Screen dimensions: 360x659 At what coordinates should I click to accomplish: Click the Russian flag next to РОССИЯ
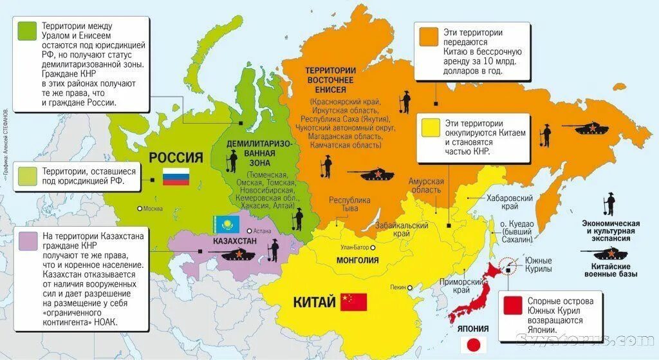click(x=176, y=176)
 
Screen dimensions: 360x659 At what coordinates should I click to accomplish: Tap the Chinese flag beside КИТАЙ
click(x=353, y=302)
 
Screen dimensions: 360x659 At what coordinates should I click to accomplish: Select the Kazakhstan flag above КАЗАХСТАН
click(x=227, y=224)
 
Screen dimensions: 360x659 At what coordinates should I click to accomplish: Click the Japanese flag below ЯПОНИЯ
click(x=473, y=345)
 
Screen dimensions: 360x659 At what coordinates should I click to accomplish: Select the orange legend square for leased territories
click(x=429, y=36)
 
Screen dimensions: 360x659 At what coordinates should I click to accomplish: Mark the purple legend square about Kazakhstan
click(x=28, y=240)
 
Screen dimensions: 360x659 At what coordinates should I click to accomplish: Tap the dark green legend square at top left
click(x=28, y=30)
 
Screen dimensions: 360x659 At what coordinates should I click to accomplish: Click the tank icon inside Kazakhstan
click(x=239, y=254)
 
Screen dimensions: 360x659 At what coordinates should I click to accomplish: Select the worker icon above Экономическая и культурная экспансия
click(x=609, y=205)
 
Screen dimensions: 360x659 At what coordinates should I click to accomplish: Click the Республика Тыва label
click(x=350, y=204)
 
